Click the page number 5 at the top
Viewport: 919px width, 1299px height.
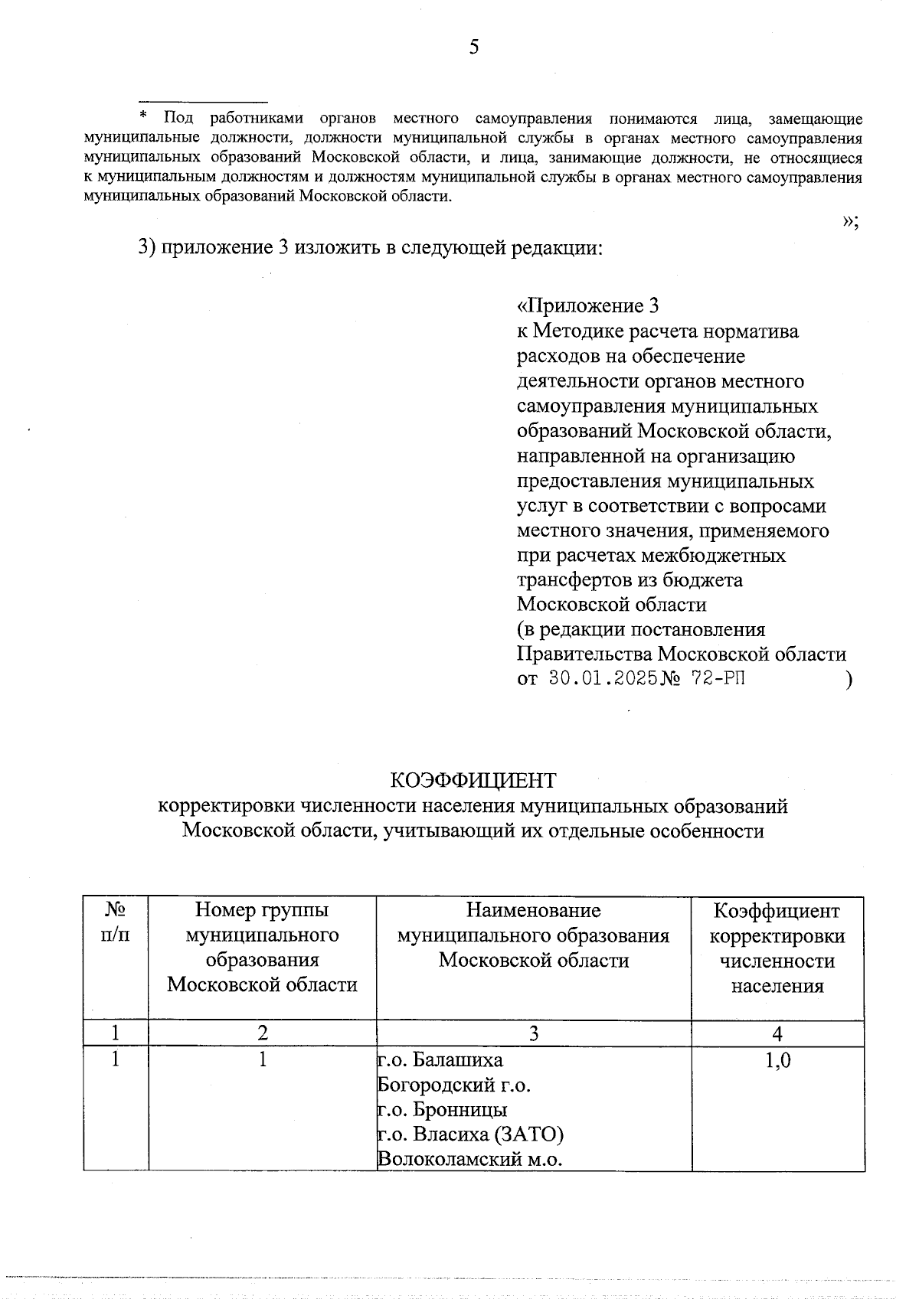(x=474, y=47)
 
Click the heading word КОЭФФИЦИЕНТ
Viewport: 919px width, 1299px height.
(x=473, y=780)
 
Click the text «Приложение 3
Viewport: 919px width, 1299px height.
(x=588, y=306)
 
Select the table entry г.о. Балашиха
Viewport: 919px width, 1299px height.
(x=441, y=1060)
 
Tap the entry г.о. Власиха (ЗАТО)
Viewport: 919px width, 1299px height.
(x=471, y=1134)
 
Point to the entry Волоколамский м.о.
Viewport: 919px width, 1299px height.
(x=470, y=1159)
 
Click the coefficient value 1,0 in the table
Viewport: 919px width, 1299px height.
(x=777, y=1060)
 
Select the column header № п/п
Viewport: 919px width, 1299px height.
(x=115, y=922)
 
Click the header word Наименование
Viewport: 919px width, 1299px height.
(x=533, y=910)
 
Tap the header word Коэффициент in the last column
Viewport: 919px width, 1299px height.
(x=777, y=911)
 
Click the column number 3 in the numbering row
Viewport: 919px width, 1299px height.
(x=533, y=1034)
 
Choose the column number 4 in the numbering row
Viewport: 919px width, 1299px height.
(x=777, y=1034)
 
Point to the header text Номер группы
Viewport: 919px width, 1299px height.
(x=262, y=910)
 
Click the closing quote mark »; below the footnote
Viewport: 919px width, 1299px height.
(x=850, y=220)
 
